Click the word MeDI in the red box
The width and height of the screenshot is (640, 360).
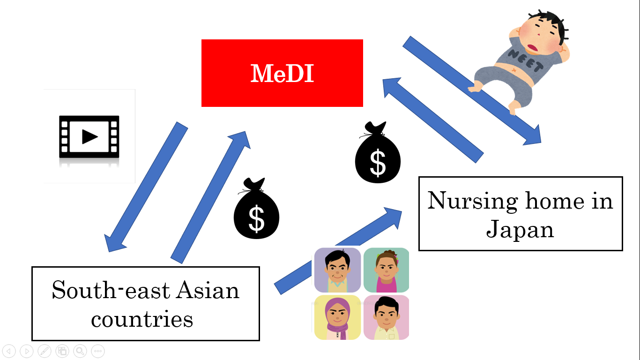[x=282, y=74]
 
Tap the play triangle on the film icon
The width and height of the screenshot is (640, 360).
[x=89, y=136]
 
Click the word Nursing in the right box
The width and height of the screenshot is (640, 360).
[x=472, y=201]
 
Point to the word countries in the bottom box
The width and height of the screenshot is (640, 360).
[x=142, y=319]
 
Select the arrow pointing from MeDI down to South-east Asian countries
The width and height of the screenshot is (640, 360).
[x=145, y=187]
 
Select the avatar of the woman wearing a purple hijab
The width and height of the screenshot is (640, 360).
[x=337, y=317]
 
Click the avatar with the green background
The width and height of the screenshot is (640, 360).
[x=386, y=270]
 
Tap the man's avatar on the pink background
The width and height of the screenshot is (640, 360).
[x=386, y=317]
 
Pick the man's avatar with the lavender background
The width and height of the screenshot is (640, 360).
[x=337, y=270]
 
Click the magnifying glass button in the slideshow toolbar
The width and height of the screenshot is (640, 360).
[x=80, y=351]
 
